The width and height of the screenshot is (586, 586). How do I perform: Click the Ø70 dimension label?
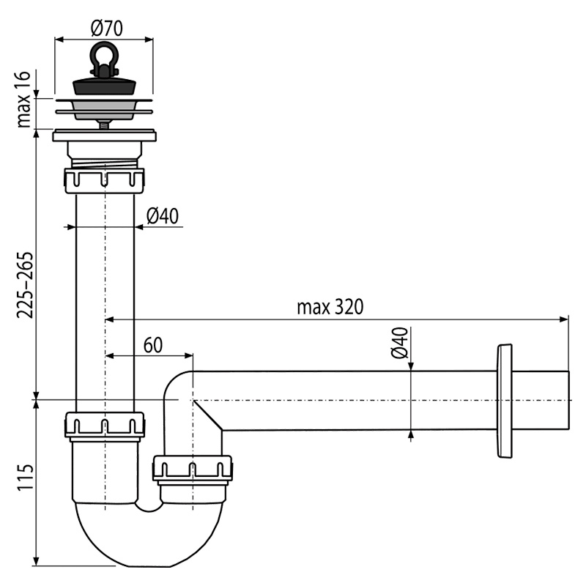[x=106, y=28]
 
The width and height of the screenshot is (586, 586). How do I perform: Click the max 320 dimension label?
[x=330, y=307]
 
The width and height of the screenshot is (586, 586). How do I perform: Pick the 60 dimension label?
[x=152, y=346]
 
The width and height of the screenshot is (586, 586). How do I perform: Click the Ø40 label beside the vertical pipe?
[x=162, y=216]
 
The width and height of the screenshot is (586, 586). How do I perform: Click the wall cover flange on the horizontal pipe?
[x=504, y=401]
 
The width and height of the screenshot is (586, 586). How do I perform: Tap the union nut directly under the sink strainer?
[x=104, y=180]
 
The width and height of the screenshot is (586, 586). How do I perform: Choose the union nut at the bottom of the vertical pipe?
[x=104, y=425]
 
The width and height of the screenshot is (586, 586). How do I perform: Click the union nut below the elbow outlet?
[x=192, y=468]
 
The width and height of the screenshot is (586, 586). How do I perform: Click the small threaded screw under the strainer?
[x=104, y=125]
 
